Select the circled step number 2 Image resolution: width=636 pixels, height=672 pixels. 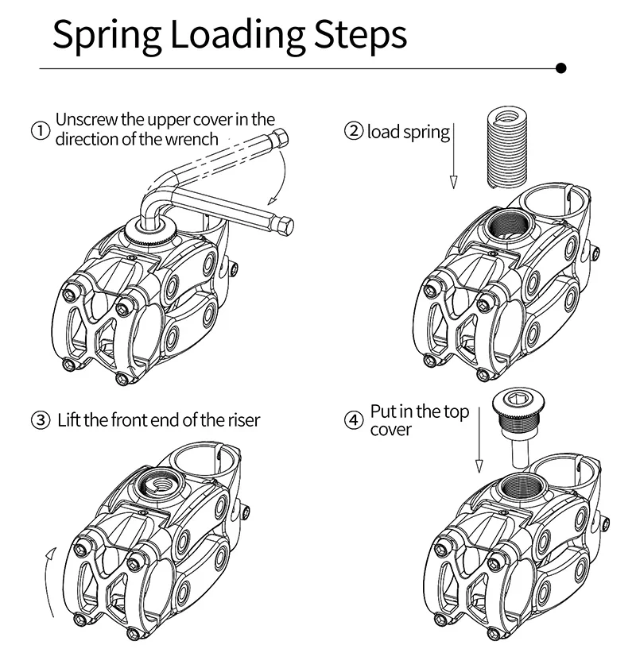(353, 130)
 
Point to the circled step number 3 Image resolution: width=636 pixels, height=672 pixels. (40, 419)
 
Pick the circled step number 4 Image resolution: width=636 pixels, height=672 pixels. (353, 419)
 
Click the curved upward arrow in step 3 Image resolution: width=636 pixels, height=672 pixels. (48, 580)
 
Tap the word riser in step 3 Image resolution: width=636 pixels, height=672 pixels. (241, 419)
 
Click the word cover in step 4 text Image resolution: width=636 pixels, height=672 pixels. (391, 430)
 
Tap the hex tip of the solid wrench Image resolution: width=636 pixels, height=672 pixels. (288, 226)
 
